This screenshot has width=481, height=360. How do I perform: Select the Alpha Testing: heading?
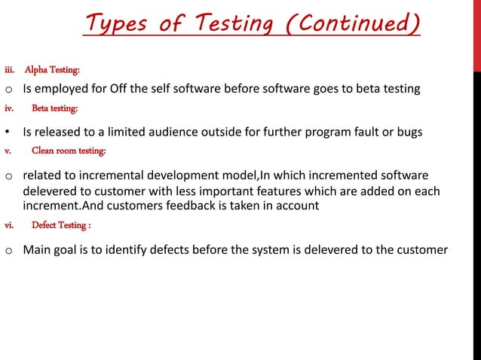coord(52,70)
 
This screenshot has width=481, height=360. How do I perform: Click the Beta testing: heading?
coord(54,108)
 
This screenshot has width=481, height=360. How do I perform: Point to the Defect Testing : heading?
coord(62,225)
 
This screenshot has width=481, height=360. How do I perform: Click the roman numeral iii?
coord(9,70)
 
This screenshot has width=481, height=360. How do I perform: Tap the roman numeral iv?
coord(9,108)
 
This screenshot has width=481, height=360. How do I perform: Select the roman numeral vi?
coord(9,225)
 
